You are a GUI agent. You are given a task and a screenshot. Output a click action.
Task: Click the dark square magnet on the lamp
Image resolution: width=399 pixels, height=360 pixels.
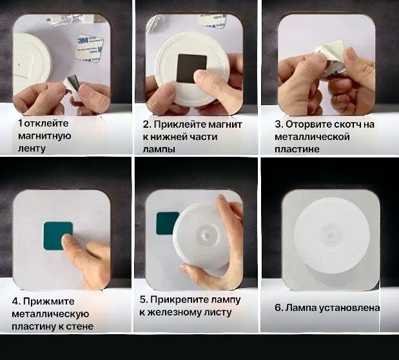tap(191, 68)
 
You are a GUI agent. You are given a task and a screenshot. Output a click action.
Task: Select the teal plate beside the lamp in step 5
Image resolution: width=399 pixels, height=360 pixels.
tap(167, 223)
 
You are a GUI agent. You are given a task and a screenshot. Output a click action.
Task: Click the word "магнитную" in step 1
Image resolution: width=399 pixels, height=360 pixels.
tap(44, 135)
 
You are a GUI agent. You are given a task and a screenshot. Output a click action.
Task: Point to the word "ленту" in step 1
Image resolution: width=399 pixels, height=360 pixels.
tap(32, 148)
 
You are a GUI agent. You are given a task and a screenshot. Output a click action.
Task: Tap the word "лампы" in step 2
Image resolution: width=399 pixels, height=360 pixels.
tap(159, 149)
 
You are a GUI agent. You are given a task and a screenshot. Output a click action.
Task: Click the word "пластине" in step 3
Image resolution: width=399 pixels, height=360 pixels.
tap(297, 149)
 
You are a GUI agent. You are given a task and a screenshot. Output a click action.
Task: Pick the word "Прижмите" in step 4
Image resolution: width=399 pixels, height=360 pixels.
tap(49, 302)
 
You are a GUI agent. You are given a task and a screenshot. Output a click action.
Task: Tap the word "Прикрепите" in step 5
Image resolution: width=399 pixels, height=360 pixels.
tap(178, 300)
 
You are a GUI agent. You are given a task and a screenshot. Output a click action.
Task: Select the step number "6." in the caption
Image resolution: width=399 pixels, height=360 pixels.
tap(278, 308)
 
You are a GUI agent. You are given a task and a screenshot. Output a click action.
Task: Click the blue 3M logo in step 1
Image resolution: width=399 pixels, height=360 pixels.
tap(83, 41)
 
